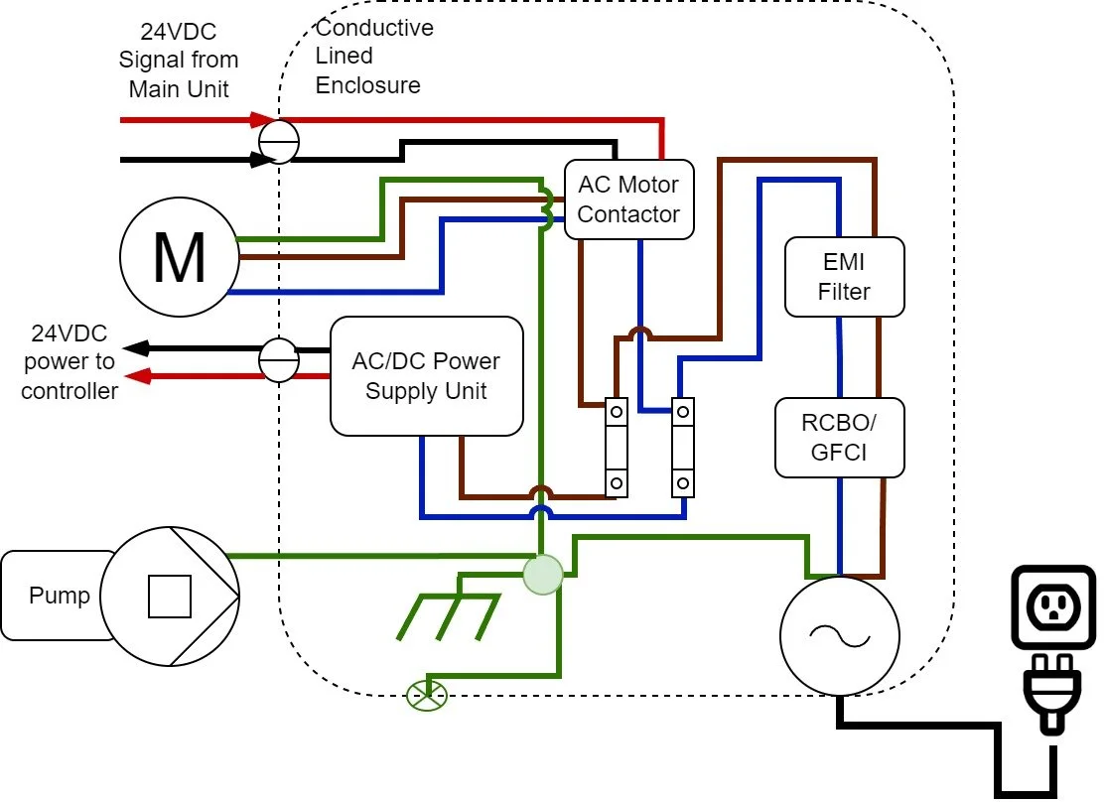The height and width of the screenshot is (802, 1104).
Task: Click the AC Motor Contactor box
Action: click(628, 199)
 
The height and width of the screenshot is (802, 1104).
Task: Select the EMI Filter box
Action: click(844, 277)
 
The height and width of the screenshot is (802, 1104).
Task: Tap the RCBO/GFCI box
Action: click(840, 438)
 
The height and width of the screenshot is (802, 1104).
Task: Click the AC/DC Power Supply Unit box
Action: click(426, 376)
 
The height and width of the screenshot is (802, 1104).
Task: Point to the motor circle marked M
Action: click(179, 258)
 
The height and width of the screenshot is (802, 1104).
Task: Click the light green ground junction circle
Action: click(542, 574)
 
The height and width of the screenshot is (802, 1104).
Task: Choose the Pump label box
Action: click(59, 596)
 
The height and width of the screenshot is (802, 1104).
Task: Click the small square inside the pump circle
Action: click(169, 597)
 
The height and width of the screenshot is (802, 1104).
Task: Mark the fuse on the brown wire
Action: click(617, 447)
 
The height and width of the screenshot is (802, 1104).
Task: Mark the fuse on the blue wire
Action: click(682, 447)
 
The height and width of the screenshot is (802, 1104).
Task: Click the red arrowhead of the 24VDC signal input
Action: click(262, 120)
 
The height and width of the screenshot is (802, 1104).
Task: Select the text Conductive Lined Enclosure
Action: click(374, 57)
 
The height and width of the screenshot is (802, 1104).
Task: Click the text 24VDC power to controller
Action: click(69, 362)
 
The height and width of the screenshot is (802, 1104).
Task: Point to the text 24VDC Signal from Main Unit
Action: click(179, 61)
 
